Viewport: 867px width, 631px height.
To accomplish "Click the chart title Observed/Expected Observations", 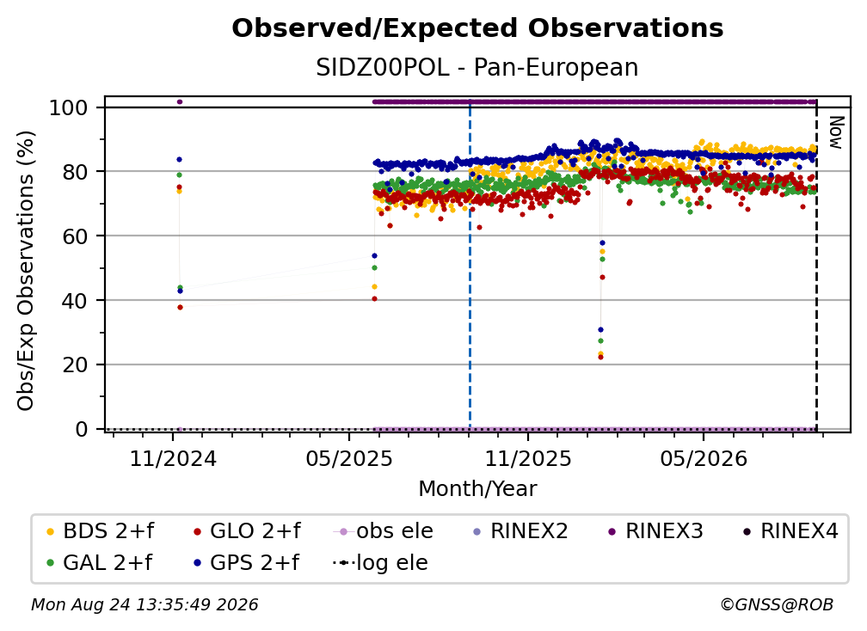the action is click(477, 28).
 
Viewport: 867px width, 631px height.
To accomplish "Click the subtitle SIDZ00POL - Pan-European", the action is click(477, 67).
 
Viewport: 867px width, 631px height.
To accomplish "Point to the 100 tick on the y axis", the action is click(69, 107).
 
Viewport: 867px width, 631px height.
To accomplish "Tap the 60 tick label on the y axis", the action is click(75, 236).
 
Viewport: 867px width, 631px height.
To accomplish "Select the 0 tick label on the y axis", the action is click(82, 429).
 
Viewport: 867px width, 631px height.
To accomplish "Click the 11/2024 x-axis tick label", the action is click(173, 458).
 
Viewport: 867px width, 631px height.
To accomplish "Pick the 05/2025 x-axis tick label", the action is click(349, 458).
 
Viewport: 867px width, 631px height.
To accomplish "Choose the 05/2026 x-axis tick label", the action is click(704, 458).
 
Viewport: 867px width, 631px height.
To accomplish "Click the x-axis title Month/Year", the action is click(477, 489).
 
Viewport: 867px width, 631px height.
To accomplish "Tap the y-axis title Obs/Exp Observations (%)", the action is click(26, 271).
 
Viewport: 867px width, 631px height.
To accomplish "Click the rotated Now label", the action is click(835, 132).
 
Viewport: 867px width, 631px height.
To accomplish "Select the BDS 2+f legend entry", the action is click(101, 531).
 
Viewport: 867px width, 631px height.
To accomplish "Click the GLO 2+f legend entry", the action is click(247, 531).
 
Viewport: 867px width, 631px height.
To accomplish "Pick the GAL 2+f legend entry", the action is click(100, 563).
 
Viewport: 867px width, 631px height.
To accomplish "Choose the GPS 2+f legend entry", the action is click(246, 563).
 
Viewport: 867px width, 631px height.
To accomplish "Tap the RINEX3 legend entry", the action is click(655, 531).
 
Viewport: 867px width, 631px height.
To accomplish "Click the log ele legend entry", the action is click(380, 563).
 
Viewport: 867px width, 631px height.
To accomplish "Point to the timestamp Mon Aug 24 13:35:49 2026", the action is click(144, 605).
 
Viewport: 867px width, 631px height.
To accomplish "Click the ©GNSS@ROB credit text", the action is click(777, 605).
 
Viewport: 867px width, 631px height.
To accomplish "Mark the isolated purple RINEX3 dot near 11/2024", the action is click(179, 102).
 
